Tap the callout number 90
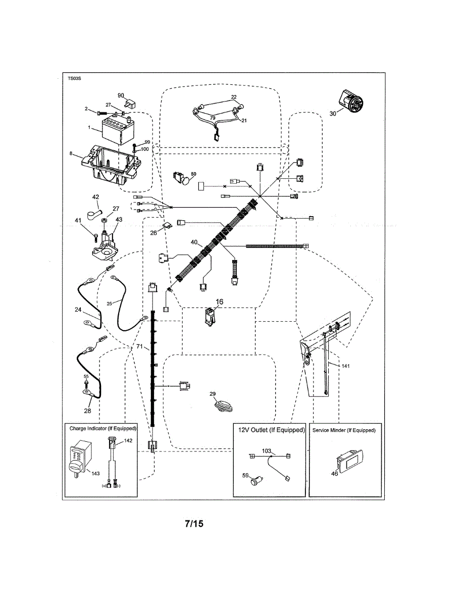click(x=121, y=95)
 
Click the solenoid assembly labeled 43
click(x=107, y=243)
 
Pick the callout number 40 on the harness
click(x=194, y=242)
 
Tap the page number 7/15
click(x=193, y=524)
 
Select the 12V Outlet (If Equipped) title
click(x=272, y=430)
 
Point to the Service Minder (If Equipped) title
click(x=345, y=430)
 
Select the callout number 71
click(x=140, y=347)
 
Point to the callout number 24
click(x=78, y=311)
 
